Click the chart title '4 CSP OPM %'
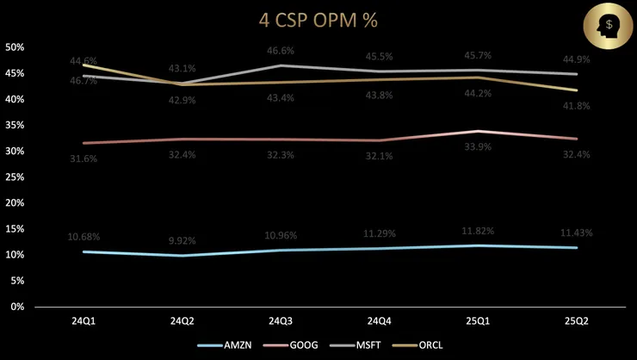pos(318,18)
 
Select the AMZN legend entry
pos(232,344)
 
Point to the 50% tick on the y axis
pos(15,47)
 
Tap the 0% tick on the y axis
pos(18,307)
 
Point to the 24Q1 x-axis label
pos(83,321)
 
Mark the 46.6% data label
pos(281,52)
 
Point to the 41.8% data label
pos(578,106)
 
